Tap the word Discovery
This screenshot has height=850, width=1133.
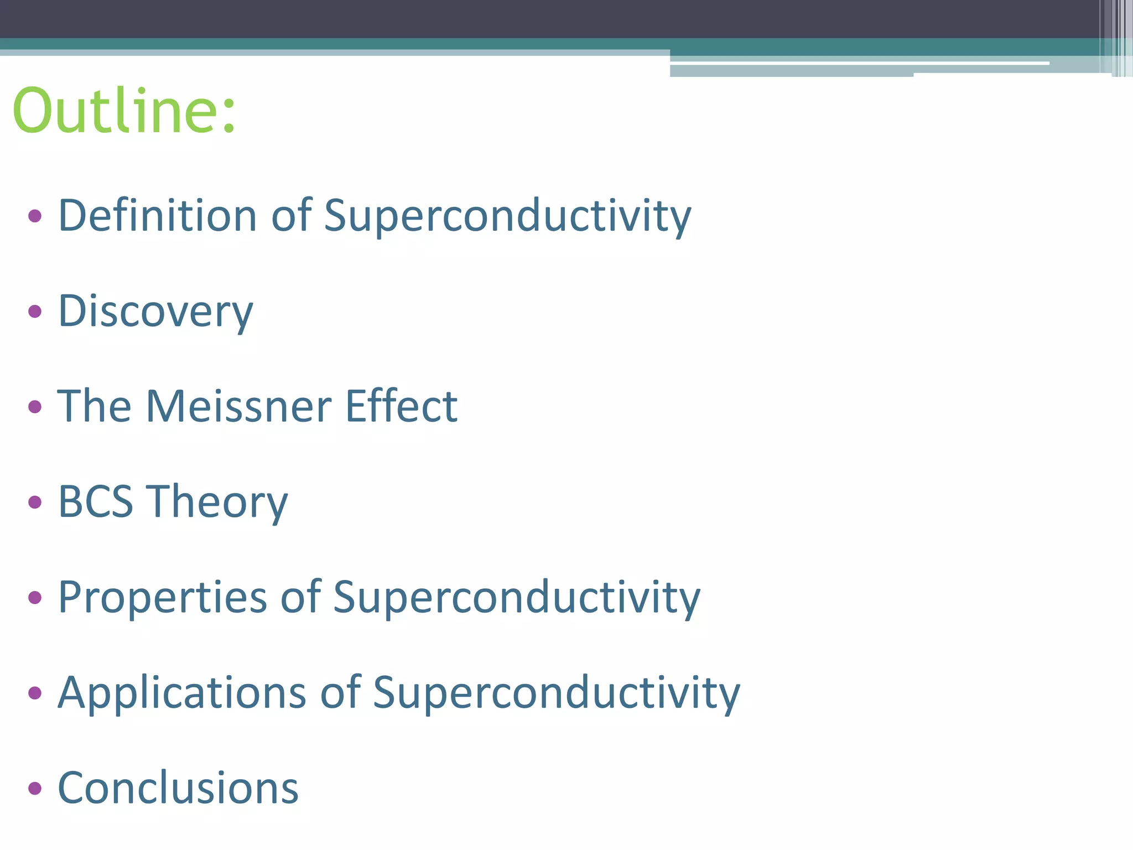click(155, 311)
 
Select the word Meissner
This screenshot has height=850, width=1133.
click(238, 406)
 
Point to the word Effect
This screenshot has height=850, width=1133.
click(401, 406)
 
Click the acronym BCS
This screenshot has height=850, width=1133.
click(95, 502)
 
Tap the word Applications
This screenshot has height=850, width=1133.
click(182, 693)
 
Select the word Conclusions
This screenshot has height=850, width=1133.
click(178, 788)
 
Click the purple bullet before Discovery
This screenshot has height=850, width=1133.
click(35, 312)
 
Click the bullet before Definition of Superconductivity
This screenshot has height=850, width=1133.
click(35, 216)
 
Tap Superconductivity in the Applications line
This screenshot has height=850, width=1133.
click(556, 693)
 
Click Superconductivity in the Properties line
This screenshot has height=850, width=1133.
click(517, 597)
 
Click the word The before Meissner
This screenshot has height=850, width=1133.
click(94, 406)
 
